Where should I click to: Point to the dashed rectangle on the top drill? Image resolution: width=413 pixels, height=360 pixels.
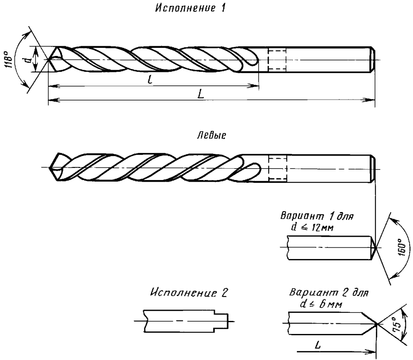(x=277, y=59)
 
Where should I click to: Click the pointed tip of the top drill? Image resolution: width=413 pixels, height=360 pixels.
(x=49, y=60)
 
